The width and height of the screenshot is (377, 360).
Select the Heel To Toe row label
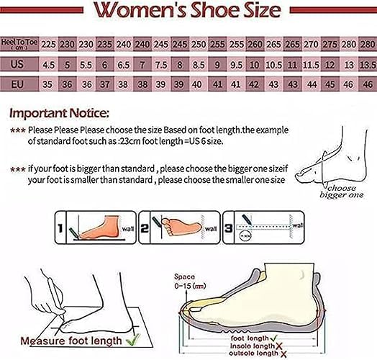tap(19, 45)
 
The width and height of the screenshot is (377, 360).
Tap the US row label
tap(19, 63)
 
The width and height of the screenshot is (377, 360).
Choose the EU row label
tap(19, 84)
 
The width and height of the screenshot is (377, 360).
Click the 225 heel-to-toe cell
tap(49, 44)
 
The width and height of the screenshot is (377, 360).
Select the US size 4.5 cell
tap(49, 63)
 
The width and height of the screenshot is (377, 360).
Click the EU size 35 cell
tap(49, 84)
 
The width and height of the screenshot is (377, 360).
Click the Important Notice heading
tap(60, 113)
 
